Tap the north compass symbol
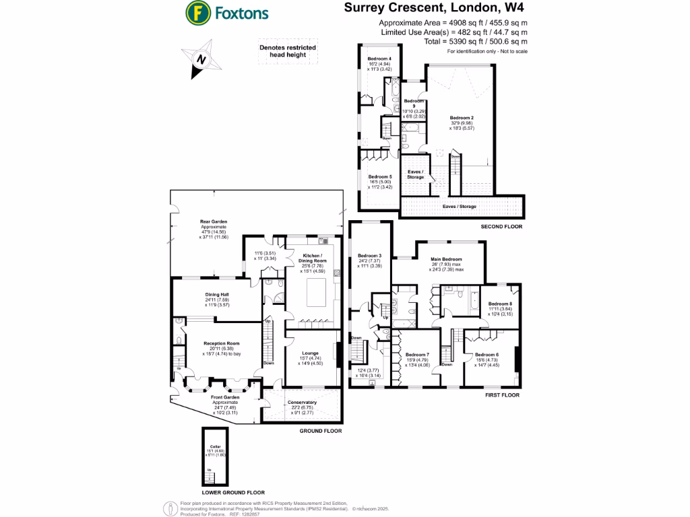coord(200,59)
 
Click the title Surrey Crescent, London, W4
coord(434,9)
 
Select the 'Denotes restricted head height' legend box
coord(288,51)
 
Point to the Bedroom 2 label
coord(462,118)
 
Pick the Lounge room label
coord(311,353)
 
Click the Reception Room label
coord(222,344)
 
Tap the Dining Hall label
coord(218,294)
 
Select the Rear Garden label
coord(214,221)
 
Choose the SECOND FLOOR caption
coord(501,227)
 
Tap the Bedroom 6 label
coord(487,355)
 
